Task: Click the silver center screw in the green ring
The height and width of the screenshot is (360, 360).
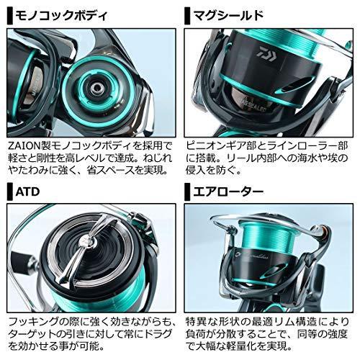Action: (95, 87)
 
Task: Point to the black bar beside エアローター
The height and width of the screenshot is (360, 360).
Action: (186, 192)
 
